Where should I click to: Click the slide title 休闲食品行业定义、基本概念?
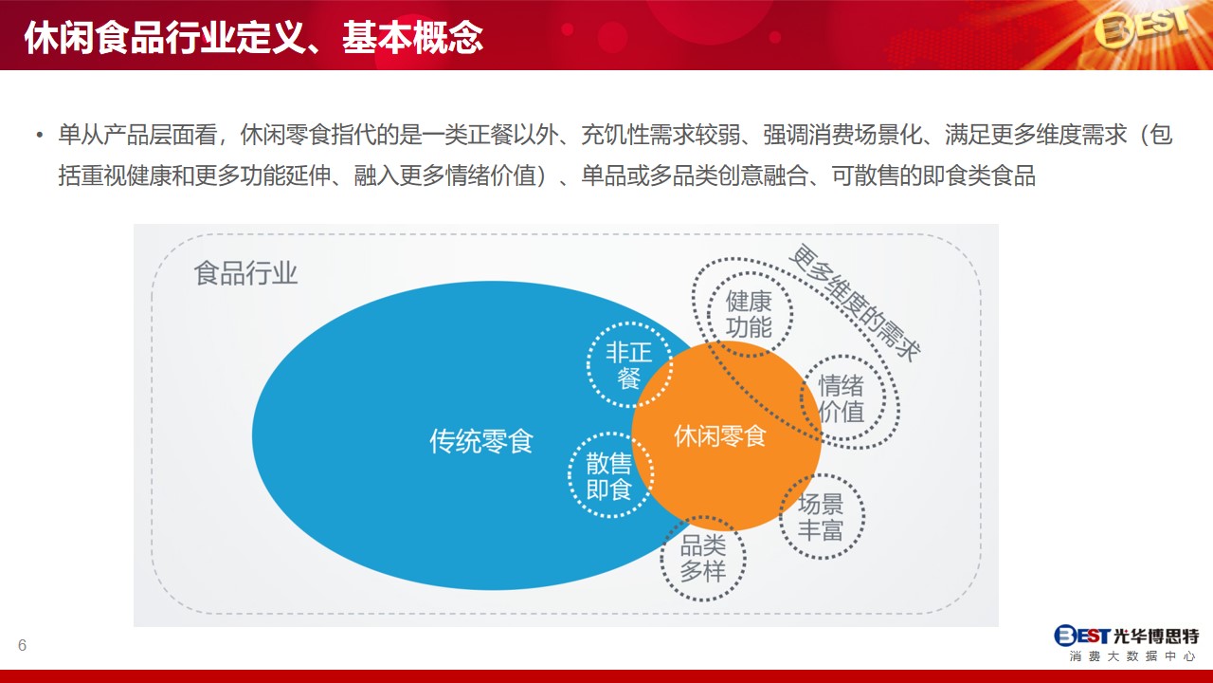click(253, 37)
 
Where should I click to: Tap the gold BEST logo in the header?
click(1142, 28)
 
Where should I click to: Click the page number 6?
click(22, 645)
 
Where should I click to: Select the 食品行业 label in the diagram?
click(245, 272)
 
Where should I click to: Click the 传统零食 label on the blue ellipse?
click(481, 441)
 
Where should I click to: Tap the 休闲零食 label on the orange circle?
click(720, 435)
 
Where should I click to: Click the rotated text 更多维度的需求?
click(855, 303)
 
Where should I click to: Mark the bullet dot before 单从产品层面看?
click(40, 135)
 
